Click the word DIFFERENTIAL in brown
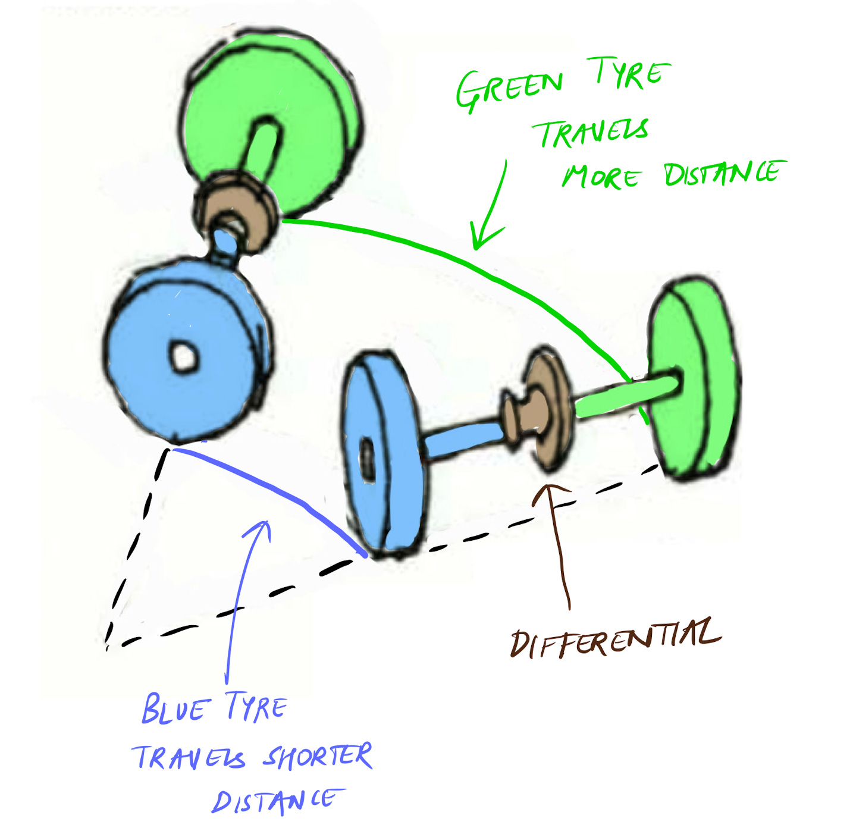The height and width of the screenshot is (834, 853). coord(616,639)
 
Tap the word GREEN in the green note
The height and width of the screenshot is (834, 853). coord(509,89)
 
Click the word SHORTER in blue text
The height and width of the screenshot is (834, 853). coord(318,757)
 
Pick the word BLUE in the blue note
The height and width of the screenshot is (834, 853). coord(175,708)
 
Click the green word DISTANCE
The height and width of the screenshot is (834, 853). coord(723,173)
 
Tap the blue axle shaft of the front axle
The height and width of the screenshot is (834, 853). coord(461,437)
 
